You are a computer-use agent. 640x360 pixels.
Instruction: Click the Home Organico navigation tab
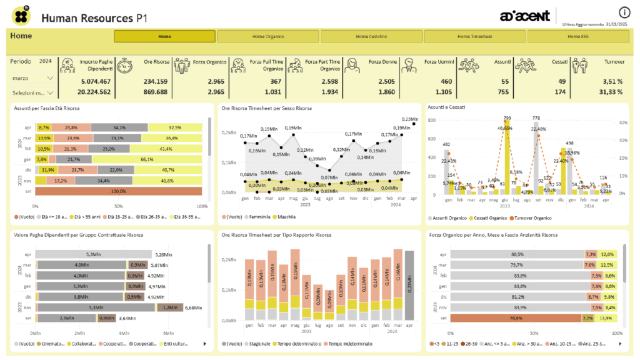pos(268,36)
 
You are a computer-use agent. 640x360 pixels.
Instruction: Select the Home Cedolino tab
pos(371,36)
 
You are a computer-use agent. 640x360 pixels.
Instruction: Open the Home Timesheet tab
pos(474,36)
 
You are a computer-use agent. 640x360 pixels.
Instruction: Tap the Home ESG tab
pos(577,36)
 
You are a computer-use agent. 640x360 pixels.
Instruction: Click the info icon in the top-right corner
pos(624,12)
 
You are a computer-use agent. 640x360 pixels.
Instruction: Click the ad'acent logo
pos(525,14)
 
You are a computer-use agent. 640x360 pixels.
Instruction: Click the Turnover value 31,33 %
pos(608,92)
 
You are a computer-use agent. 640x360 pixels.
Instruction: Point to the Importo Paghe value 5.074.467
pos(96,81)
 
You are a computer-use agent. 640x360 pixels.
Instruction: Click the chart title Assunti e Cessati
pos(446,107)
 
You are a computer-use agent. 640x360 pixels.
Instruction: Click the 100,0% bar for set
pos(118,191)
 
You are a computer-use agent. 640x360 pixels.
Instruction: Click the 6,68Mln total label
pos(193,307)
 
